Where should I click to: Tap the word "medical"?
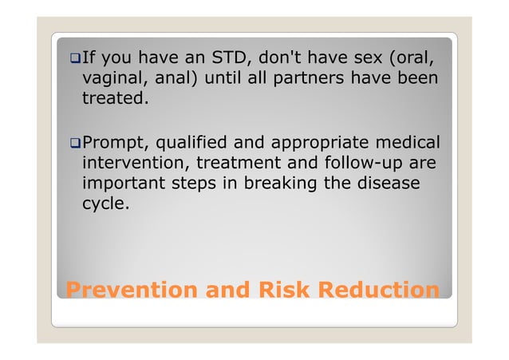pos(407,143)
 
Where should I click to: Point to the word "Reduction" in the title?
pos(378,288)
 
